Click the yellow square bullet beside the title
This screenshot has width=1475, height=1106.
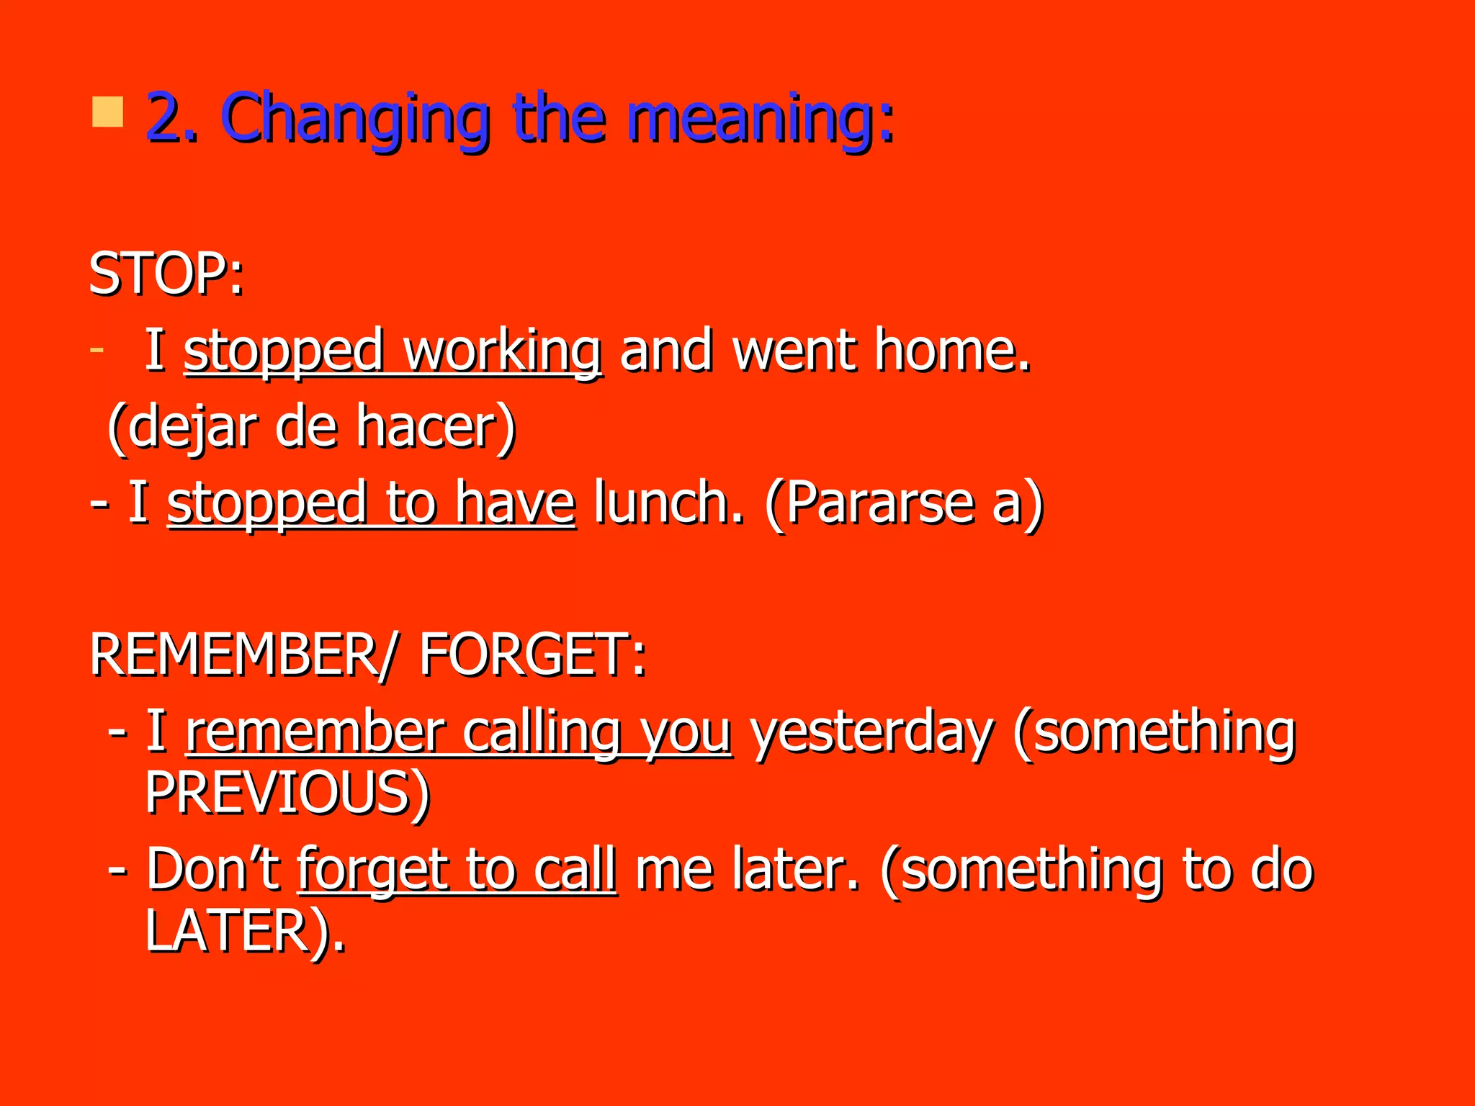(107, 113)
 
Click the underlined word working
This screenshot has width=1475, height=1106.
(502, 351)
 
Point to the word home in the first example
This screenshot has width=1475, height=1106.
(952, 351)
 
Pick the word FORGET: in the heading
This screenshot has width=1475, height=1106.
(532, 655)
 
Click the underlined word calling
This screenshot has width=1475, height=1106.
(542, 732)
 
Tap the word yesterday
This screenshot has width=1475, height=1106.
(871, 732)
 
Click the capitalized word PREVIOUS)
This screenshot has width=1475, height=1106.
(287, 793)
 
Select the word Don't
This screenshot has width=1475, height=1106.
(213, 869)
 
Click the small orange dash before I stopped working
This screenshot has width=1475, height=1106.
(97, 351)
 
